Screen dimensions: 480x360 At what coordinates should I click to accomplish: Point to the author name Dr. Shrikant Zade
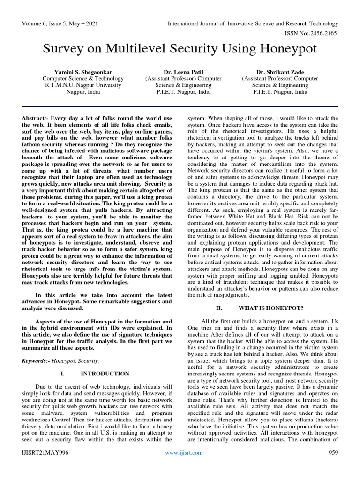[x=280, y=72]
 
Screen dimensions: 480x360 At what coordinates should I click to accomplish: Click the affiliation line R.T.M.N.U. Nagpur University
[x=83, y=85]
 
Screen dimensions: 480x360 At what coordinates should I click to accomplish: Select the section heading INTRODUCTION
[x=105, y=374]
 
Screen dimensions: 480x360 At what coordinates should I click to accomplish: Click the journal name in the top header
[x=254, y=23]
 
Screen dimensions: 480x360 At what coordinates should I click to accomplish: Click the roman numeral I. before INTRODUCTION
[x=63, y=374]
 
